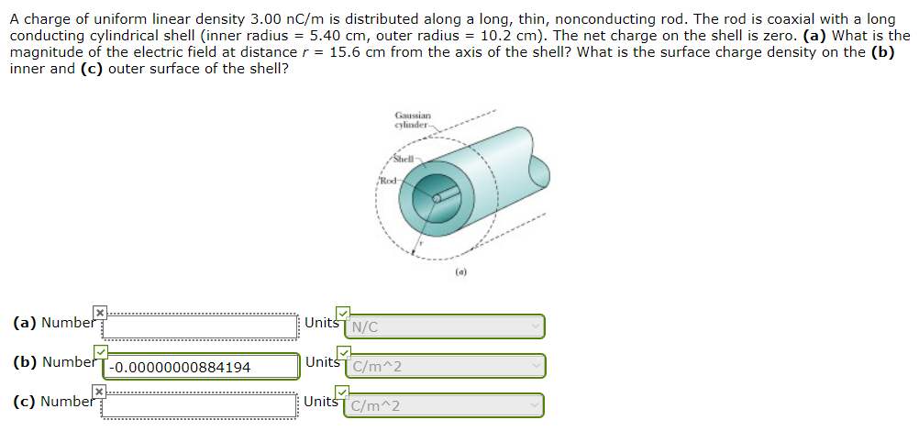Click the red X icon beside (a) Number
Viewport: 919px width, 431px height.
(101, 312)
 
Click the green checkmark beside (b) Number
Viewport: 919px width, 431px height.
(101, 351)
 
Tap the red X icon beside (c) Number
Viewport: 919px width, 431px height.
(101, 391)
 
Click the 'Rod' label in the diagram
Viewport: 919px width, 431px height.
(388, 178)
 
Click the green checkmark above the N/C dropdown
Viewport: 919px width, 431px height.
(342, 312)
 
